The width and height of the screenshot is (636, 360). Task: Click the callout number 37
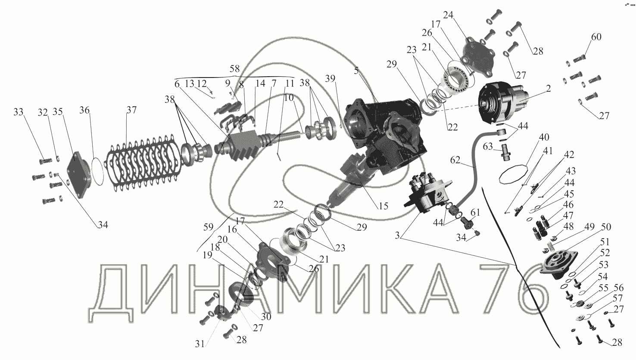131,110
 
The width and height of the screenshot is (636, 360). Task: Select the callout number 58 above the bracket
234,68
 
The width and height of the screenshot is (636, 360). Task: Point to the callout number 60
596,37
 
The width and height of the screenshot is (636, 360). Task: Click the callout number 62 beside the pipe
455,160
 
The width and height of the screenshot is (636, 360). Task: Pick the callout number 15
383,206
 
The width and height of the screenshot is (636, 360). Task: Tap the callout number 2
548,89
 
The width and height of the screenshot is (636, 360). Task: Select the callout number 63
488,147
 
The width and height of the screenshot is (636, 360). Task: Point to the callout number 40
544,137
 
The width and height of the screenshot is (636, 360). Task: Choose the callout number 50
606,227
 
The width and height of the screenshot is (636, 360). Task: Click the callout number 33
18,112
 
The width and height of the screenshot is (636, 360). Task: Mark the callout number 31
200,344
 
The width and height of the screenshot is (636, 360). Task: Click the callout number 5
357,71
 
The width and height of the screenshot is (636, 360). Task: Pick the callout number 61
475,212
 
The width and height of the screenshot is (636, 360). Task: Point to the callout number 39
330,78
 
